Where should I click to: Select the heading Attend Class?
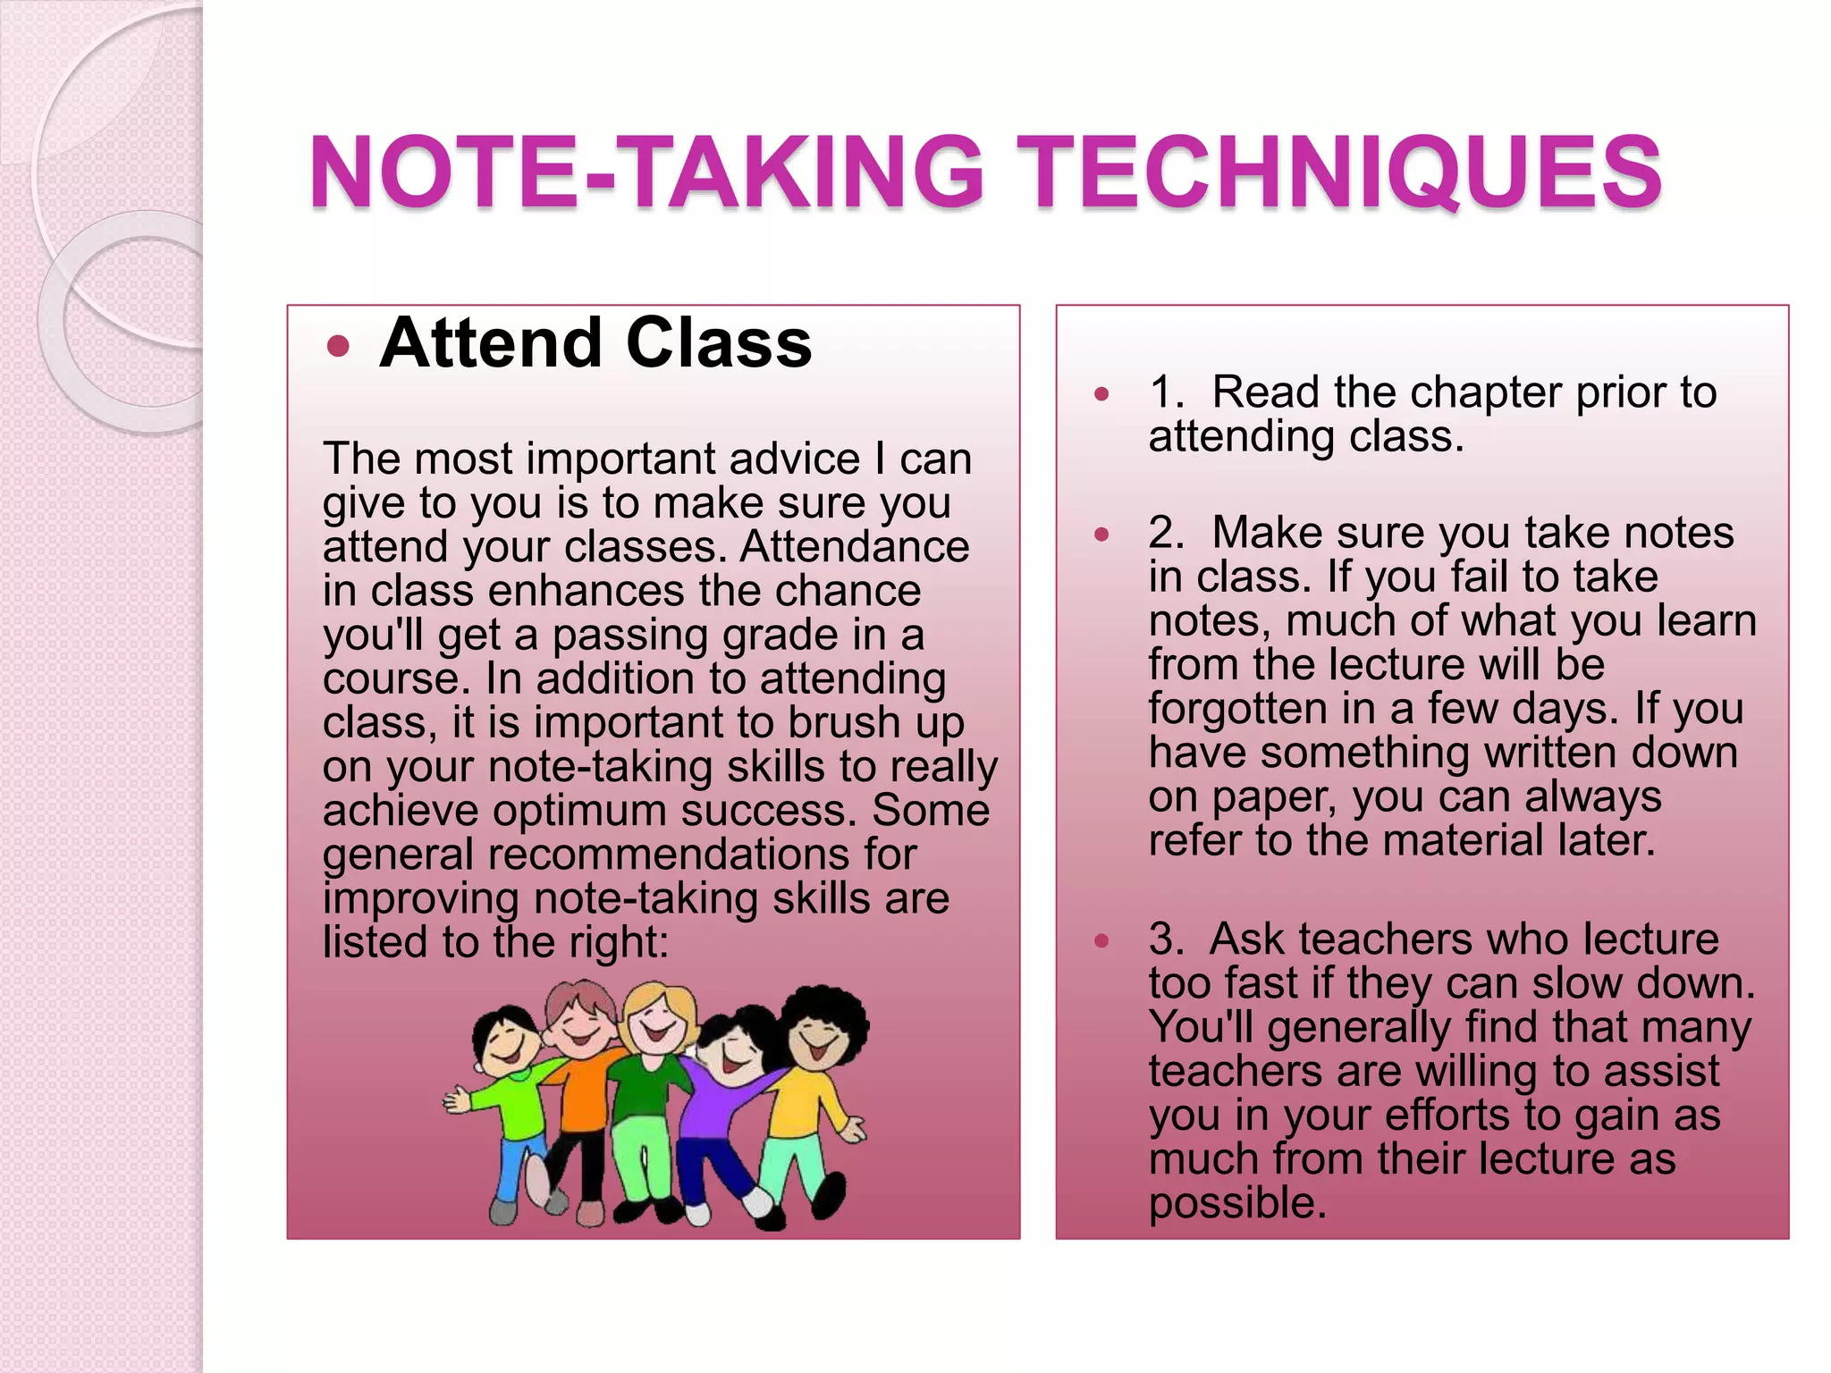point(595,343)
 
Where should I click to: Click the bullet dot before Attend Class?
point(338,347)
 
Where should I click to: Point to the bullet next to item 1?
point(1101,393)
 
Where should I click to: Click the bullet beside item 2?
point(1101,535)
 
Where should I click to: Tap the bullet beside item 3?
point(1101,940)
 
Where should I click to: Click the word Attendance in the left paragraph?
point(854,547)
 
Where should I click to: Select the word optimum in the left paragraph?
point(578,812)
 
